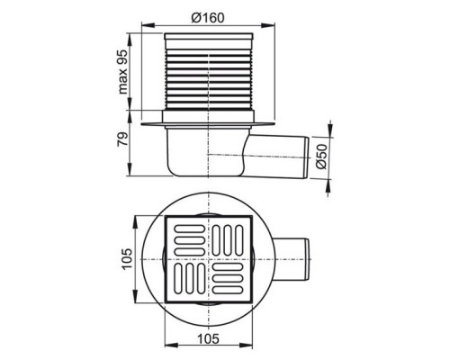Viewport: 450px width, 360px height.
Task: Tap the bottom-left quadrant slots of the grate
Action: (x=190, y=283)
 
